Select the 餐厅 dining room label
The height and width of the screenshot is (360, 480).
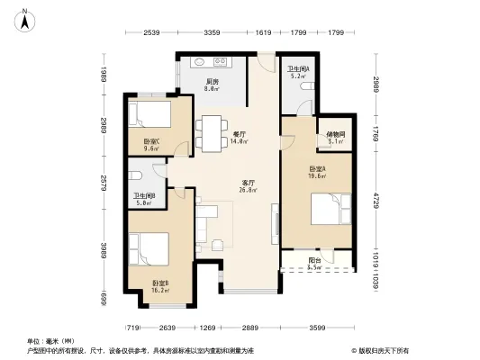(x=240, y=134)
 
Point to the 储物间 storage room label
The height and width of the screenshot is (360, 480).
(x=335, y=135)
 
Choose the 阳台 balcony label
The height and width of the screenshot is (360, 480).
(x=314, y=261)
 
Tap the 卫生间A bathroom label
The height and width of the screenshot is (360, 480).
(x=298, y=69)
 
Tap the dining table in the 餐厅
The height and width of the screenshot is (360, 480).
(x=213, y=133)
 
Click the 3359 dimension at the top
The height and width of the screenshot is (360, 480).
(x=213, y=33)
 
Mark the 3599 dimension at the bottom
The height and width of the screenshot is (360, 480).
(x=314, y=328)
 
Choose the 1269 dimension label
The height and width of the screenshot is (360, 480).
(x=209, y=328)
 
